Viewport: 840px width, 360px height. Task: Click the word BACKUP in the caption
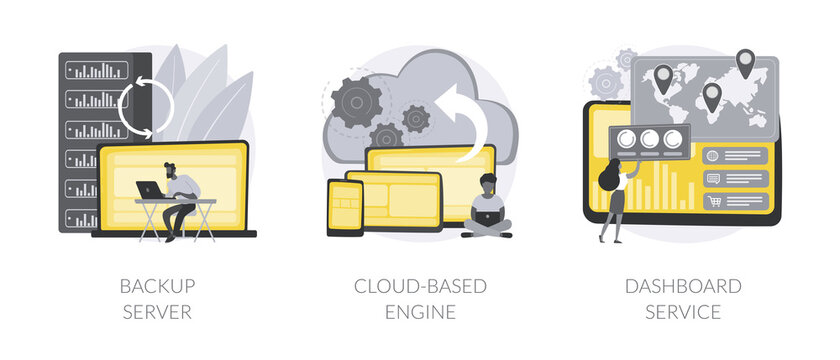click(157, 287)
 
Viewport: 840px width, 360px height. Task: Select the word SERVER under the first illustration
click(157, 312)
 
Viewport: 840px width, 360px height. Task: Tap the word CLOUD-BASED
click(420, 287)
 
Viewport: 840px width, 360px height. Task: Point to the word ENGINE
click(420, 312)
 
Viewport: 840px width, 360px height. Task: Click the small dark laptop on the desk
click(150, 189)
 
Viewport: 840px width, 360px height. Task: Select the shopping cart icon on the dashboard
click(715, 201)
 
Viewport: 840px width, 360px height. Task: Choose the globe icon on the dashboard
click(714, 156)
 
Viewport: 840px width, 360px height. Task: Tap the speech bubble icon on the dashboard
click(714, 178)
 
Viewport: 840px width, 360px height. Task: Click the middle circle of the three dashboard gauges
click(653, 140)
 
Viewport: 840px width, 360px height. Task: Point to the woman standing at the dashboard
click(612, 200)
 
